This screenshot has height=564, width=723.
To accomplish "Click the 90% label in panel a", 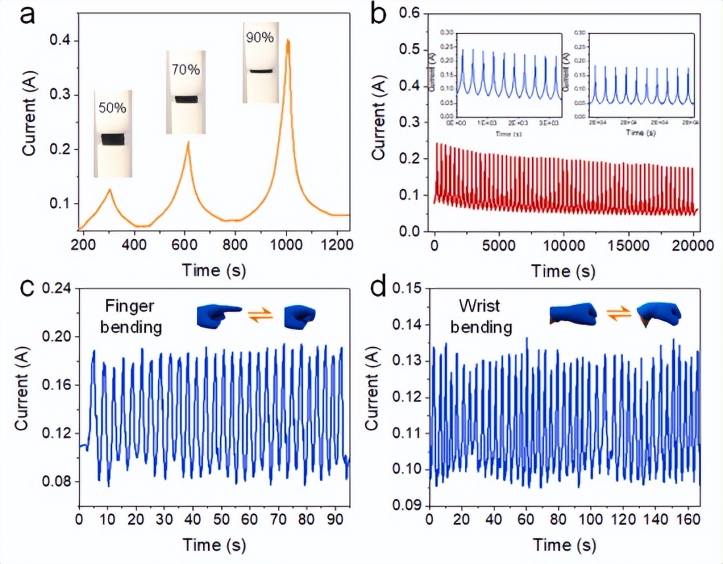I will point(260,38).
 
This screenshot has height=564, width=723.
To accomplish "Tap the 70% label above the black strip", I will point(186,69).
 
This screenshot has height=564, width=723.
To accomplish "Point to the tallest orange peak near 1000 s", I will point(288,41).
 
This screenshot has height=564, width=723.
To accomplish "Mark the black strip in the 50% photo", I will point(113,139).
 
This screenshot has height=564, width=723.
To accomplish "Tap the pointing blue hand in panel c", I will point(218,316).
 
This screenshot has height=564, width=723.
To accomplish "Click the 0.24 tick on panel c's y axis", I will point(56,289).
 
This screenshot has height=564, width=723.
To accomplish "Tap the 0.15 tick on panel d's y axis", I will point(407,289).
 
